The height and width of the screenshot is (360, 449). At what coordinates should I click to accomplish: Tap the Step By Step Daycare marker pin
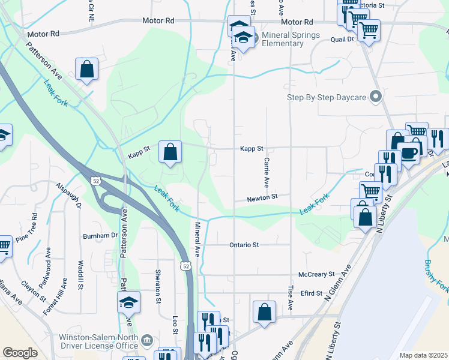point(376,96)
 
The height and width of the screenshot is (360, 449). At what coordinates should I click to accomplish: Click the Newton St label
point(263,197)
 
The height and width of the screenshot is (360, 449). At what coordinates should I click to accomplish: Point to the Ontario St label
point(244,245)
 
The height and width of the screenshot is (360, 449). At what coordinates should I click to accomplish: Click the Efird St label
point(312,293)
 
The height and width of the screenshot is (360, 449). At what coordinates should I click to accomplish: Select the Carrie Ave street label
point(265,171)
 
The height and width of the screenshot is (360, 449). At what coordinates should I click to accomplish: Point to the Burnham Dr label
point(100,236)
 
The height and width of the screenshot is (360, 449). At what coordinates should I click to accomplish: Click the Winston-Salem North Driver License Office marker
point(146,341)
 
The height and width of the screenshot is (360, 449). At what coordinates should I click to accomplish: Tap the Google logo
point(20,353)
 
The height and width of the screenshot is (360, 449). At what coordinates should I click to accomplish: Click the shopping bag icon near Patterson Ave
point(86,68)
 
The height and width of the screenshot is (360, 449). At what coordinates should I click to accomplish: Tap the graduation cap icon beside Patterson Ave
point(128,302)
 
